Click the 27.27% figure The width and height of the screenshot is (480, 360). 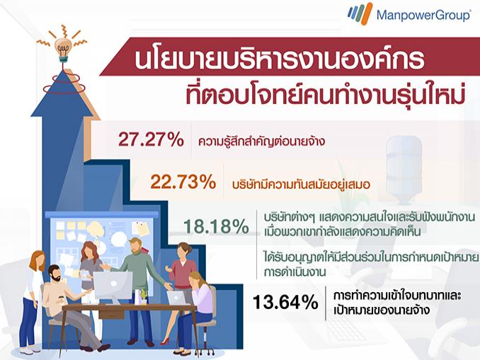152,139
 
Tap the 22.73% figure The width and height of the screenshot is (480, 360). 183,182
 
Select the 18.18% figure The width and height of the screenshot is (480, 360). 216,226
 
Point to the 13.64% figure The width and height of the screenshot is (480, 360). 285,302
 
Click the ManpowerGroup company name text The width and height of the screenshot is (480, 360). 423,15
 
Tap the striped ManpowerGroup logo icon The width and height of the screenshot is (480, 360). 360,13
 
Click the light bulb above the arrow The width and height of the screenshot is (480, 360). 64,48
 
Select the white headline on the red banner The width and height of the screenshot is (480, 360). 279,59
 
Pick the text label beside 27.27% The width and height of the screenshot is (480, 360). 261,141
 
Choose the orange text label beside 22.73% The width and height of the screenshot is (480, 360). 301,185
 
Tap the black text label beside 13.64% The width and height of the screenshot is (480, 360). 397,303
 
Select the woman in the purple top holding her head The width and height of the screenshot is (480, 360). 196,312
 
